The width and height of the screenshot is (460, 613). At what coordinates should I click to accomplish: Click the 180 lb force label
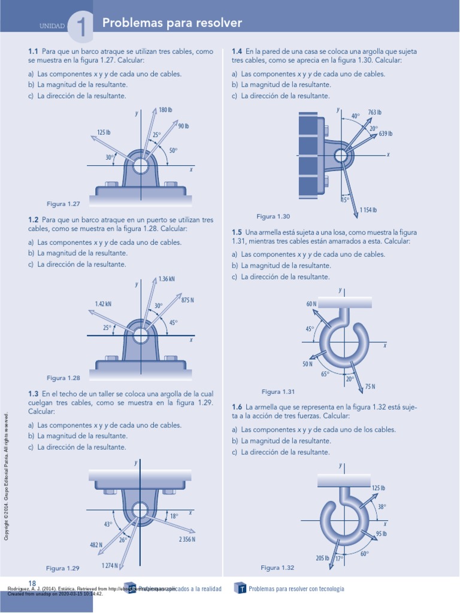point(165,110)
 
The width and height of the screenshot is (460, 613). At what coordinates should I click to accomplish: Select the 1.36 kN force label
point(167,279)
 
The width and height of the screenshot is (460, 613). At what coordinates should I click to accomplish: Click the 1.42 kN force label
point(103,304)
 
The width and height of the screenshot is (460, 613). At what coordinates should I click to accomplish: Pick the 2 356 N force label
point(187,539)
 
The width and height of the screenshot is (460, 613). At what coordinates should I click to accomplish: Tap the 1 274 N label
point(110,565)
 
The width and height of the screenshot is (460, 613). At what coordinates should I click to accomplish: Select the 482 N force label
point(96,545)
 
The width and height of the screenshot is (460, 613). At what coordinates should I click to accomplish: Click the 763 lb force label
point(375,113)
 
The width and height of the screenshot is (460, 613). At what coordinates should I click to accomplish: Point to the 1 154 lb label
point(368,210)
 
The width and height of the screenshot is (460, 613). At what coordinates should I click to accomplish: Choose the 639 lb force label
point(386,134)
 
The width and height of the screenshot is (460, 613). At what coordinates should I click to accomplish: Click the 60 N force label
point(311,304)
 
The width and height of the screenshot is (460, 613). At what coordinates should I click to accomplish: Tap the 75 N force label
point(370,387)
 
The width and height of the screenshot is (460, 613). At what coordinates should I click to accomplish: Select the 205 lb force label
point(322,559)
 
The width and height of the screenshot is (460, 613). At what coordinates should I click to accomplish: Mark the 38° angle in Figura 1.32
point(382,506)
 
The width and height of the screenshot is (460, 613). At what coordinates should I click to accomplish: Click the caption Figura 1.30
point(273,216)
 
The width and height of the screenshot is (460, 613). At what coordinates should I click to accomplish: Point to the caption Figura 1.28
point(63,378)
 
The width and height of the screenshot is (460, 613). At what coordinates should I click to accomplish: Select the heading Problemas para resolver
point(172,23)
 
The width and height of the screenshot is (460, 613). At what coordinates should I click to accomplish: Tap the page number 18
point(32,583)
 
